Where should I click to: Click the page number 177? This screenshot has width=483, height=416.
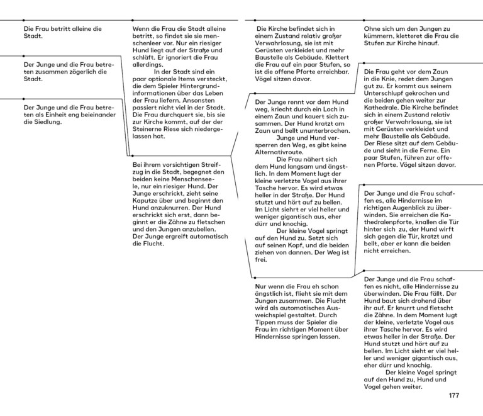[455, 395]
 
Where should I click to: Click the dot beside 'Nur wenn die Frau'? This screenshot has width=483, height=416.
[252, 278]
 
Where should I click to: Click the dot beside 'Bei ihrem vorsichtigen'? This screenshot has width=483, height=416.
[130, 155]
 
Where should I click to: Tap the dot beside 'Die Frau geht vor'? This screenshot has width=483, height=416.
[362, 64]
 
